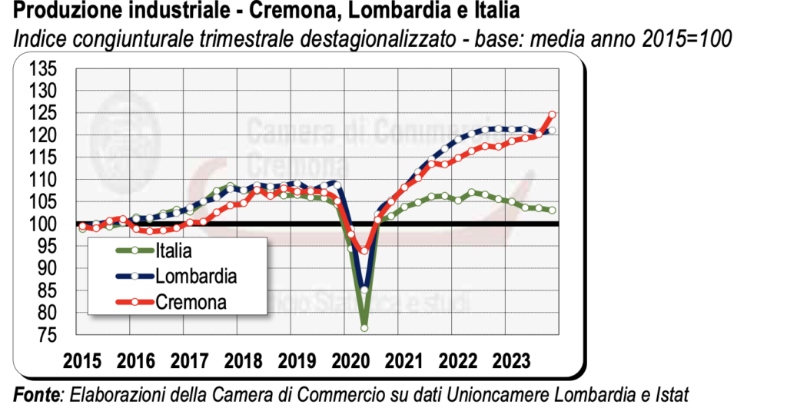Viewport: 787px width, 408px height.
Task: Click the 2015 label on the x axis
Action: (82, 361)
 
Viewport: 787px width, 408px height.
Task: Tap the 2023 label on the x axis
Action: (511, 361)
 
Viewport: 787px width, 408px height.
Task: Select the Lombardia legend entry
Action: (195, 276)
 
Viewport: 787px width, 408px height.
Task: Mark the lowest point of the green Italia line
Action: (364, 328)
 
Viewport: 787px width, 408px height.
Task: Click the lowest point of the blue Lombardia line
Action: (364, 290)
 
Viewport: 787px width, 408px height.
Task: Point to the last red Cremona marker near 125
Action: (552, 115)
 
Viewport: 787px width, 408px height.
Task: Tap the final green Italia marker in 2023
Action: (552, 211)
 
